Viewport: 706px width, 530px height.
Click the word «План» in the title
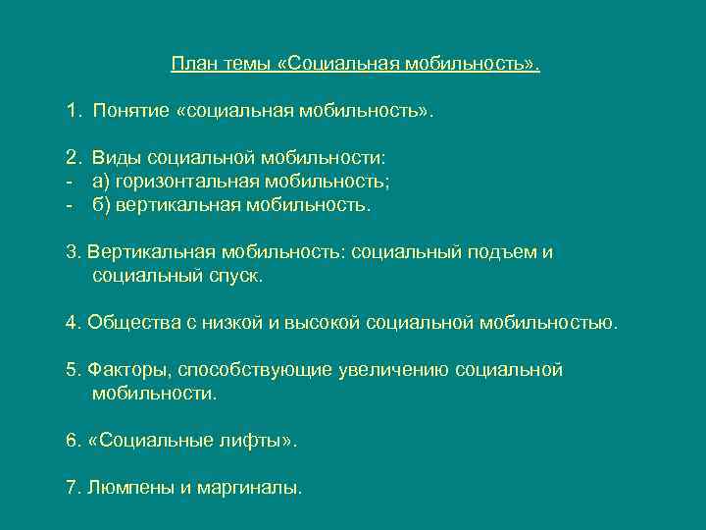pyautogui.click(x=192, y=64)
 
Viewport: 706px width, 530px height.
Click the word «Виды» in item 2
pyautogui.click(x=114, y=157)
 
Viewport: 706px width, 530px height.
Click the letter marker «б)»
pyautogui.click(x=102, y=205)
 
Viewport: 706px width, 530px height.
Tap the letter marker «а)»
pyautogui.click(x=102, y=181)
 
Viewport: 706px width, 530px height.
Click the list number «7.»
pyautogui.click(x=74, y=488)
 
